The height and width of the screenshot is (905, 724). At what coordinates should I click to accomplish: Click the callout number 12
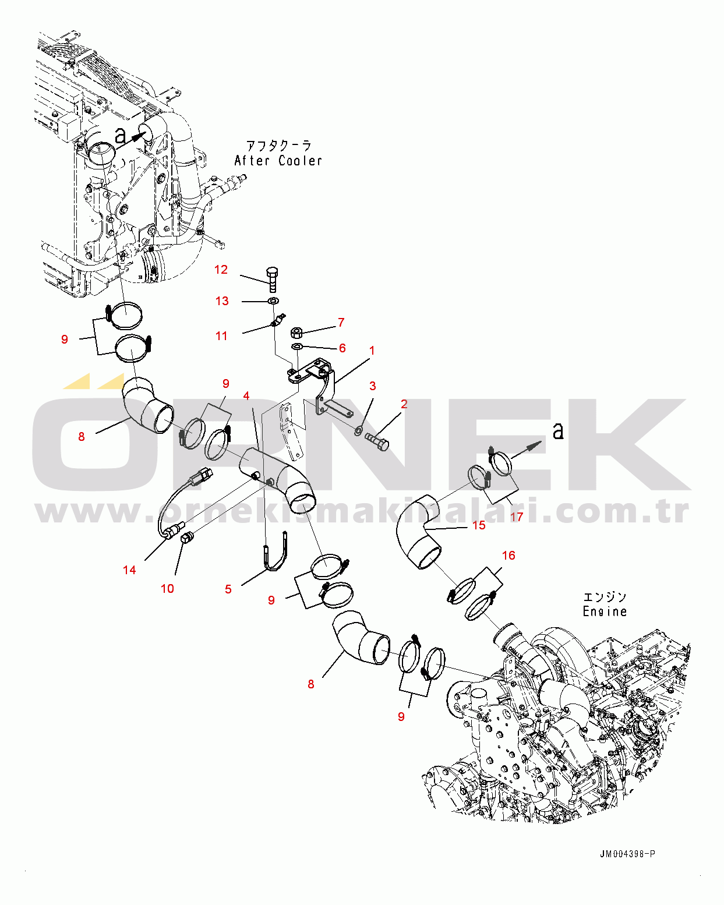(x=221, y=270)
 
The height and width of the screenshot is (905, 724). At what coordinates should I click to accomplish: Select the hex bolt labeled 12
(x=272, y=279)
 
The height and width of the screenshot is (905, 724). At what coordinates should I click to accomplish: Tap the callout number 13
(x=222, y=301)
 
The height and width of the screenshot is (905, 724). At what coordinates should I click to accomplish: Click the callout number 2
(x=404, y=404)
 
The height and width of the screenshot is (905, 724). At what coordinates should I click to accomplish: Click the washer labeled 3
(x=358, y=430)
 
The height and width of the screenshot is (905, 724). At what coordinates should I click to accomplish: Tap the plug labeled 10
(x=186, y=538)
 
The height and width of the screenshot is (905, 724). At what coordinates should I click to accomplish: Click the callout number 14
(x=129, y=570)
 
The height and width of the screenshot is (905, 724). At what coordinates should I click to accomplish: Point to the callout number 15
(x=479, y=525)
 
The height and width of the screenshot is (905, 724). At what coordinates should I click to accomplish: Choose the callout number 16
(x=508, y=556)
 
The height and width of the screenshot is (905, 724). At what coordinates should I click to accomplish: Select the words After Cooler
(x=278, y=161)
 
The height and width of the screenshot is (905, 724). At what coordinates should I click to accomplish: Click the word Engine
(x=605, y=611)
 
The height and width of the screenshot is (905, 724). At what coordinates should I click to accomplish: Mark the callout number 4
(x=246, y=396)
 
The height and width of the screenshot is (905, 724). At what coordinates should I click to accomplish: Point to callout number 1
(x=372, y=351)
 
